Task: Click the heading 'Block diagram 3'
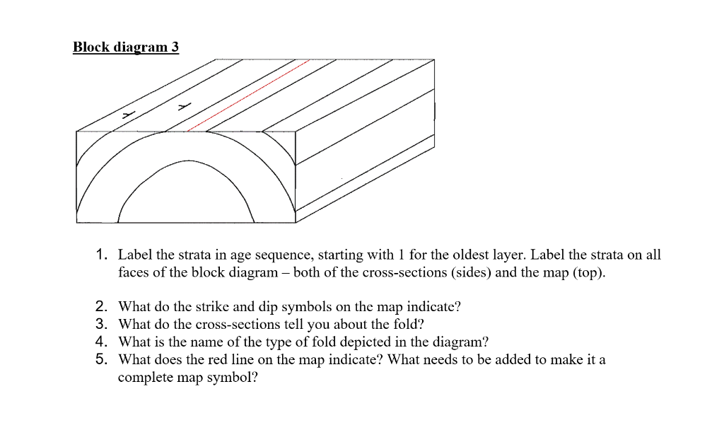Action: click(126, 47)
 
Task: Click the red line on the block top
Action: click(247, 96)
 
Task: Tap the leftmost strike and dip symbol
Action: click(127, 113)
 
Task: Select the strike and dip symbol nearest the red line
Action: click(185, 107)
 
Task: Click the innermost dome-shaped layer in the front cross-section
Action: click(186, 198)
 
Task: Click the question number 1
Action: click(102, 255)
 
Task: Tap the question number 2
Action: click(102, 306)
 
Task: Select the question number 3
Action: click(102, 324)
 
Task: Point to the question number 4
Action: click(102, 342)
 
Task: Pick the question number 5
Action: click(102, 359)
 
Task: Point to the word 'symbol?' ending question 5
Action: click(235, 377)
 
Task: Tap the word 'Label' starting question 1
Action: click(134, 255)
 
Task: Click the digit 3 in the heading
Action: click(175, 47)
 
